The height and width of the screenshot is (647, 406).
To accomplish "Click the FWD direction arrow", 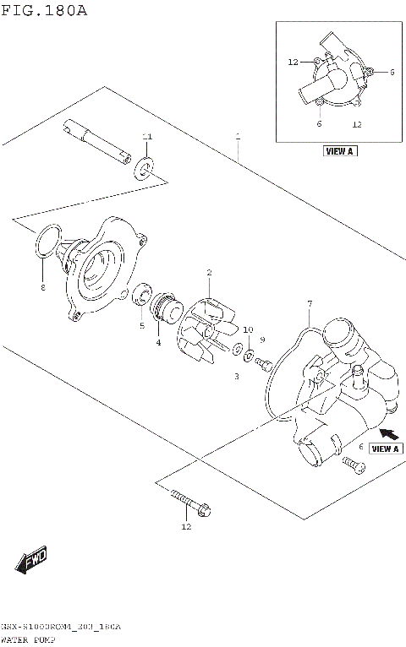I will [x=31, y=559].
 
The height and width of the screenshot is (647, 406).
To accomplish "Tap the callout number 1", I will [x=239, y=135].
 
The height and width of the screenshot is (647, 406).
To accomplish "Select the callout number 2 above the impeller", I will [x=209, y=272].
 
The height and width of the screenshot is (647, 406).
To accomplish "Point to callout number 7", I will [x=310, y=303].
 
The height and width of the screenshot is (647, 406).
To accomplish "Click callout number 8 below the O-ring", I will [x=43, y=287].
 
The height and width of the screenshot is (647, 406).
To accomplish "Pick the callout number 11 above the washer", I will [x=147, y=137].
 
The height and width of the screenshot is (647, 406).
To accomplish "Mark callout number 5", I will [x=141, y=324].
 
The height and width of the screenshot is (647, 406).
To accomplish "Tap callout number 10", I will [x=248, y=329].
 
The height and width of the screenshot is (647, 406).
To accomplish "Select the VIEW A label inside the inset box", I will [x=339, y=151].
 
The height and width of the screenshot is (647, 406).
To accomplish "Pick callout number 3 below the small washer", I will [x=238, y=375].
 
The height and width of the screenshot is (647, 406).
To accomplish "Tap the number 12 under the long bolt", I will [x=186, y=527].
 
